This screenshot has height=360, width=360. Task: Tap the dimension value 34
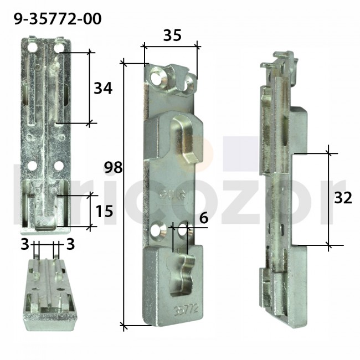coord(103,88)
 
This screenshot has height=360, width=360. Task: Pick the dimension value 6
coord(203,218)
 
